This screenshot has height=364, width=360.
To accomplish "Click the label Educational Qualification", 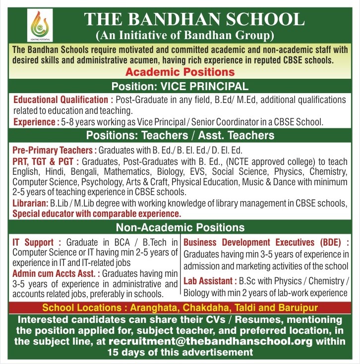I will click(x=59, y=100).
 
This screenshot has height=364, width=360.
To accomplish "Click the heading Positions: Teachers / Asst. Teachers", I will click(x=180, y=135).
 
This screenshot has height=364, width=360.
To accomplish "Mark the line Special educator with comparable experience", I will click(x=97, y=214).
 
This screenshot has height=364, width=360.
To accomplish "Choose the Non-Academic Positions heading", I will click(x=180, y=227).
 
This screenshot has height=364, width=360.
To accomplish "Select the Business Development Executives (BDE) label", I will click(x=265, y=242).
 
